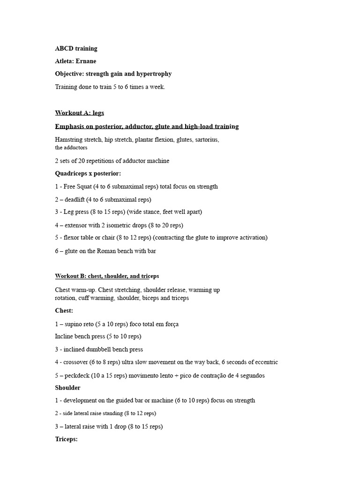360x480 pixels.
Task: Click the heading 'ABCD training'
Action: click(76, 48)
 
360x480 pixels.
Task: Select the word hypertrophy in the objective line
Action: click(155, 74)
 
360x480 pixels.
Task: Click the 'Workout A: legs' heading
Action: click(79, 113)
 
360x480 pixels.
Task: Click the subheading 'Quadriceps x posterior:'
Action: click(88, 173)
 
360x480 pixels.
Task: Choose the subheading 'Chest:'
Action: click(64, 311)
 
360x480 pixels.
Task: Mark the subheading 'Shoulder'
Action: click(67, 388)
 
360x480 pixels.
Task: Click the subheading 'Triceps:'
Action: click(66, 439)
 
